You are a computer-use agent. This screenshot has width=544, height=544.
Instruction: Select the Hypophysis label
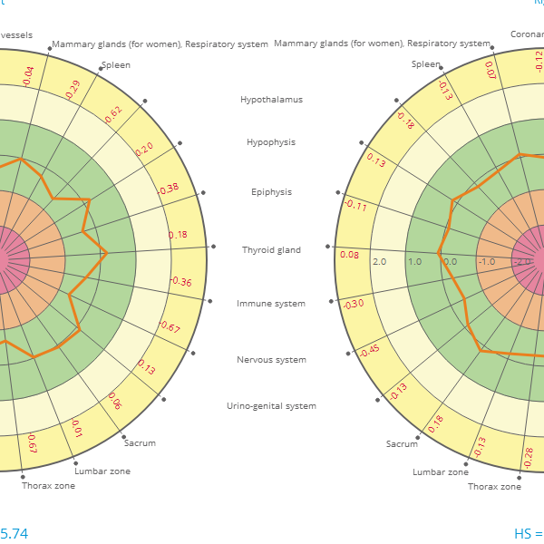click(x=271, y=142)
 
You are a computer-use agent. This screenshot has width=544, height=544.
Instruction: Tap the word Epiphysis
click(x=271, y=192)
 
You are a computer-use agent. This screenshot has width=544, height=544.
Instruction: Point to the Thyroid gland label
click(x=271, y=249)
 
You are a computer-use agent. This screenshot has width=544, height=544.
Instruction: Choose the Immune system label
click(x=271, y=304)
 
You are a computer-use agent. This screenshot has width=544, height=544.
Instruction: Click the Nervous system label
click(x=271, y=360)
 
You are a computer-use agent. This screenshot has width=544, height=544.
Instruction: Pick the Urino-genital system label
click(x=271, y=406)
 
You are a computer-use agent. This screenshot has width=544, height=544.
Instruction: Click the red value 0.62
click(x=113, y=114)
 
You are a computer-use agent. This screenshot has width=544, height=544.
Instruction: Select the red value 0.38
click(x=169, y=189)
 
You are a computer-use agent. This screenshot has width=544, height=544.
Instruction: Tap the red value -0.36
click(x=181, y=282)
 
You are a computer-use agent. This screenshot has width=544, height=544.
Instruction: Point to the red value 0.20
click(x=144, y=149)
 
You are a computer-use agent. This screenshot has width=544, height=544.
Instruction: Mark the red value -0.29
click(x=73, y=89)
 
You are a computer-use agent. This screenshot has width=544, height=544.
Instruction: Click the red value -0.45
click(x=369, y=350)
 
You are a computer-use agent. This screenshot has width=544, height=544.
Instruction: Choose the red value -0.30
click(x=354, y=303)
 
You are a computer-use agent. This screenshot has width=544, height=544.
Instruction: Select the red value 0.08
click(x=349, y=255)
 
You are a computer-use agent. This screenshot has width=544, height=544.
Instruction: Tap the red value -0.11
click(x=355, y=205)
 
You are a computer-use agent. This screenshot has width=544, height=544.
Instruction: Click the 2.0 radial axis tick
click(x=379, y=262)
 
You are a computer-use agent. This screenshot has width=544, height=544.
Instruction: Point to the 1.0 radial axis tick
click(x=414, y=262)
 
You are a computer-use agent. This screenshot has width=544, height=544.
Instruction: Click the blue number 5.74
click(x=14, y=534)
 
